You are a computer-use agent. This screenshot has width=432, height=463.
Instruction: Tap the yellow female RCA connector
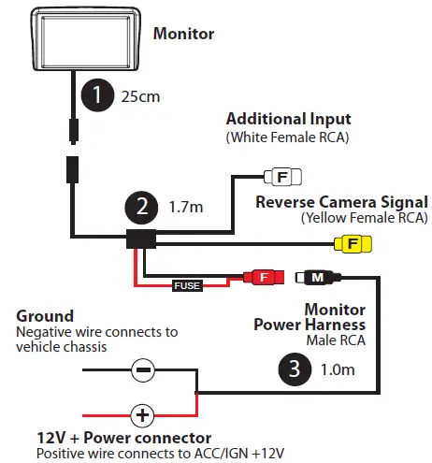(x=353, y=246)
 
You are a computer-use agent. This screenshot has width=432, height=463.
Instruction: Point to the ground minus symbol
(x=143, y=369)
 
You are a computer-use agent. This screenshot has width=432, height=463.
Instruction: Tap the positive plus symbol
(x=143, y=415)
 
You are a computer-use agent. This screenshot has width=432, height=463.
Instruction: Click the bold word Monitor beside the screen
(x=184, y=35)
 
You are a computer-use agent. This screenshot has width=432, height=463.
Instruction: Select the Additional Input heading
(x=288, y=120)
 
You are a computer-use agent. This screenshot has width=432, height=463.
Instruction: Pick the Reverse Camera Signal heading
(x=341, y=202)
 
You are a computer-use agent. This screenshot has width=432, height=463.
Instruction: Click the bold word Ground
(x=45, y=316)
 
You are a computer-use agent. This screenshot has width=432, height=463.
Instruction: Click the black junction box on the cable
(x=140, y=239)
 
